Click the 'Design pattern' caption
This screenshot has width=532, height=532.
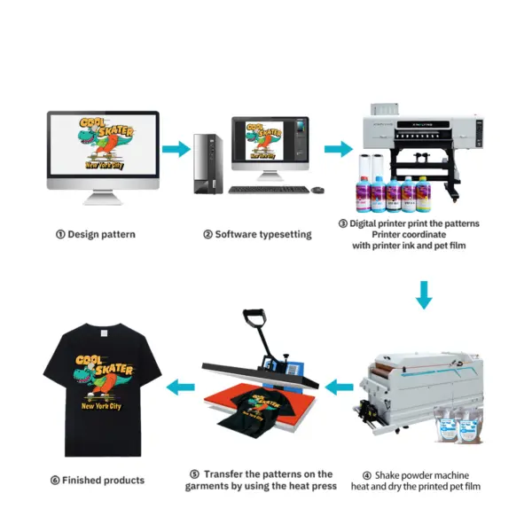103,235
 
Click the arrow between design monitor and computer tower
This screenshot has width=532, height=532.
176,149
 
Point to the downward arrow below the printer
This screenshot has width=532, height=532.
425,295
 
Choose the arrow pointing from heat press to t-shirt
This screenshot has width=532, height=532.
182,385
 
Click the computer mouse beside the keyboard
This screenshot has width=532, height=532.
317,189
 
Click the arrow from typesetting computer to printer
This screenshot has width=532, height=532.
338,149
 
